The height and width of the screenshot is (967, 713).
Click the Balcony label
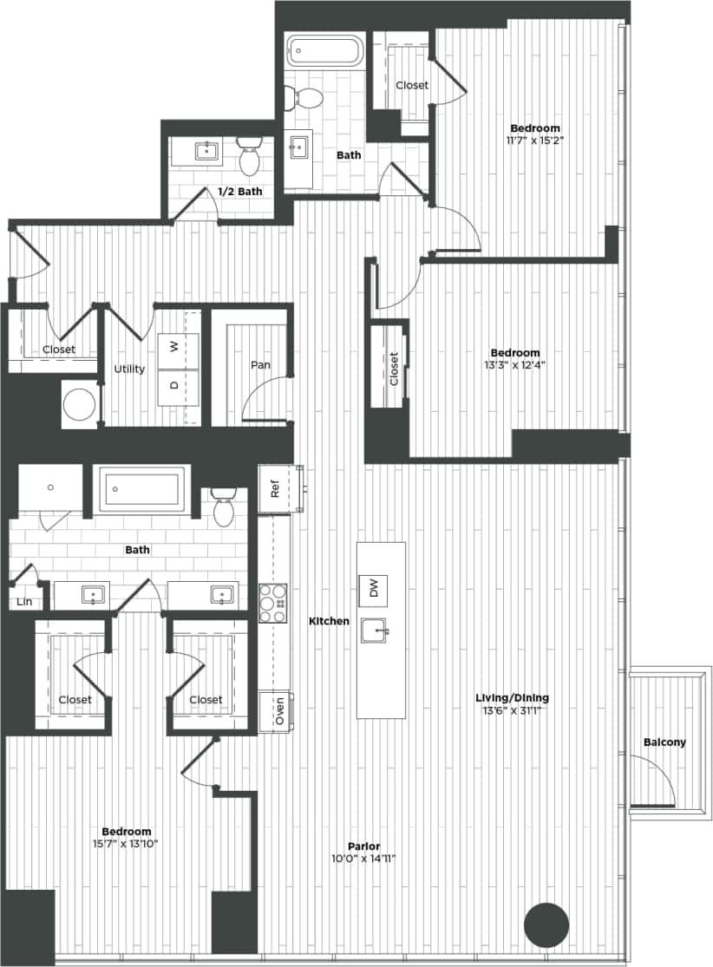click(664, 742)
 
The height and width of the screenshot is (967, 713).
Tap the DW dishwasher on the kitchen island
click(374, 590)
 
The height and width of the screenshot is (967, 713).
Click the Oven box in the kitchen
click(278, 712)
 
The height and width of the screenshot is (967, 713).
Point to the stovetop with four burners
click(274, 602)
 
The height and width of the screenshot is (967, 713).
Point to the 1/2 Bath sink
click(207, 152)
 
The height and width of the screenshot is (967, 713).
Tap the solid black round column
click(546, 925)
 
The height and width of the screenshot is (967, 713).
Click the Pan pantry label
click(260, 365)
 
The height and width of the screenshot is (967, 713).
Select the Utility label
click(129, 369)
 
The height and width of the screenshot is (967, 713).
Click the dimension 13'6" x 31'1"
click(512, 711)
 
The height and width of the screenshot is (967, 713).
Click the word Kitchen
click(330, 621)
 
